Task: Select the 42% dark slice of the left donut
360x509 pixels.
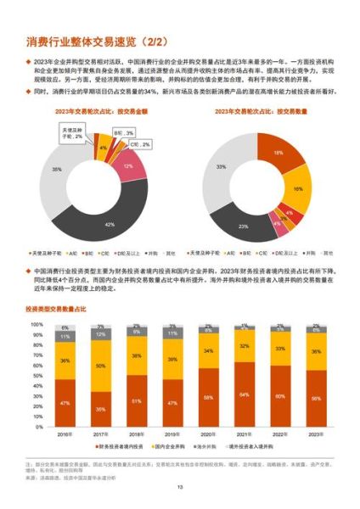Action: tap(109, 222)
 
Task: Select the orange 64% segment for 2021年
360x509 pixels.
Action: tap(245, 394)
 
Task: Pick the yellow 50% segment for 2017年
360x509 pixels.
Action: tap(100, 366)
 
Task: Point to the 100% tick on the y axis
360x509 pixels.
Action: tap(37, 324)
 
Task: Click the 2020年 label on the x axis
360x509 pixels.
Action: tap(208, 433)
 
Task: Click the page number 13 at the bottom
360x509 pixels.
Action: tap(179, 486)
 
